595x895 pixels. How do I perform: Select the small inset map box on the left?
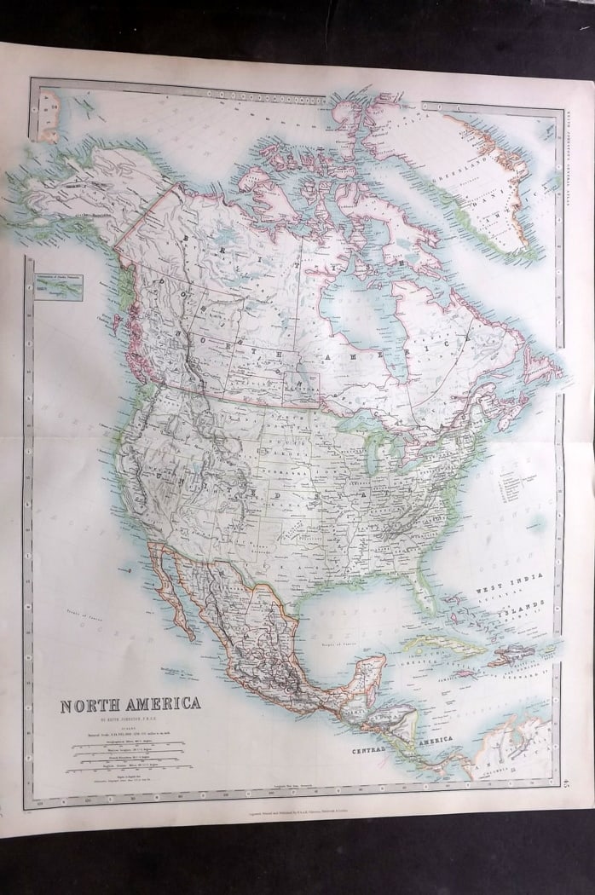tap(59, 288)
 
